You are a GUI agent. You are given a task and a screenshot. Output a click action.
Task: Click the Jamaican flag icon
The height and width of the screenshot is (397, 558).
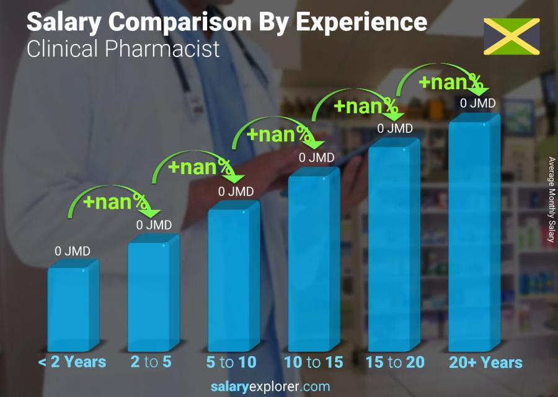511,36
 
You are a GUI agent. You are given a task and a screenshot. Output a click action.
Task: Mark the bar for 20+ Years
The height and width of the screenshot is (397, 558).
470,235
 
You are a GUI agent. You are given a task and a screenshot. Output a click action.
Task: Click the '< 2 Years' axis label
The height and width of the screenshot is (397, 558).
73,362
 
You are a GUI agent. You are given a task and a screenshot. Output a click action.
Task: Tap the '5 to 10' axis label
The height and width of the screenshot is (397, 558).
231,362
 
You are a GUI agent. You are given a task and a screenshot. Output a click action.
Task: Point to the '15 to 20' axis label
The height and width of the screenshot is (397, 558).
395,362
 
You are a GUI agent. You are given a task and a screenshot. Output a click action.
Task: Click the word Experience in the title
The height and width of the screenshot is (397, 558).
362,22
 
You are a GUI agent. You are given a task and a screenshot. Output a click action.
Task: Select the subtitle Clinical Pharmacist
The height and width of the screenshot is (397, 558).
123,48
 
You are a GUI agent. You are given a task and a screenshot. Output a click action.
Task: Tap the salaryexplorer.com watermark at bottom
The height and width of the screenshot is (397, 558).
270,387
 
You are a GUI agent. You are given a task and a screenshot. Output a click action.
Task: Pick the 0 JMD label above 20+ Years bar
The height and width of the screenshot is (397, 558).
477,103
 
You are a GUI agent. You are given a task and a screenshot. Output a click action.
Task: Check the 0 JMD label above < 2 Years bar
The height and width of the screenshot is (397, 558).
73,251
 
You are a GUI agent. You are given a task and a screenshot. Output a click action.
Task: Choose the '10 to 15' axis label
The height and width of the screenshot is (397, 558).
313,362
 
